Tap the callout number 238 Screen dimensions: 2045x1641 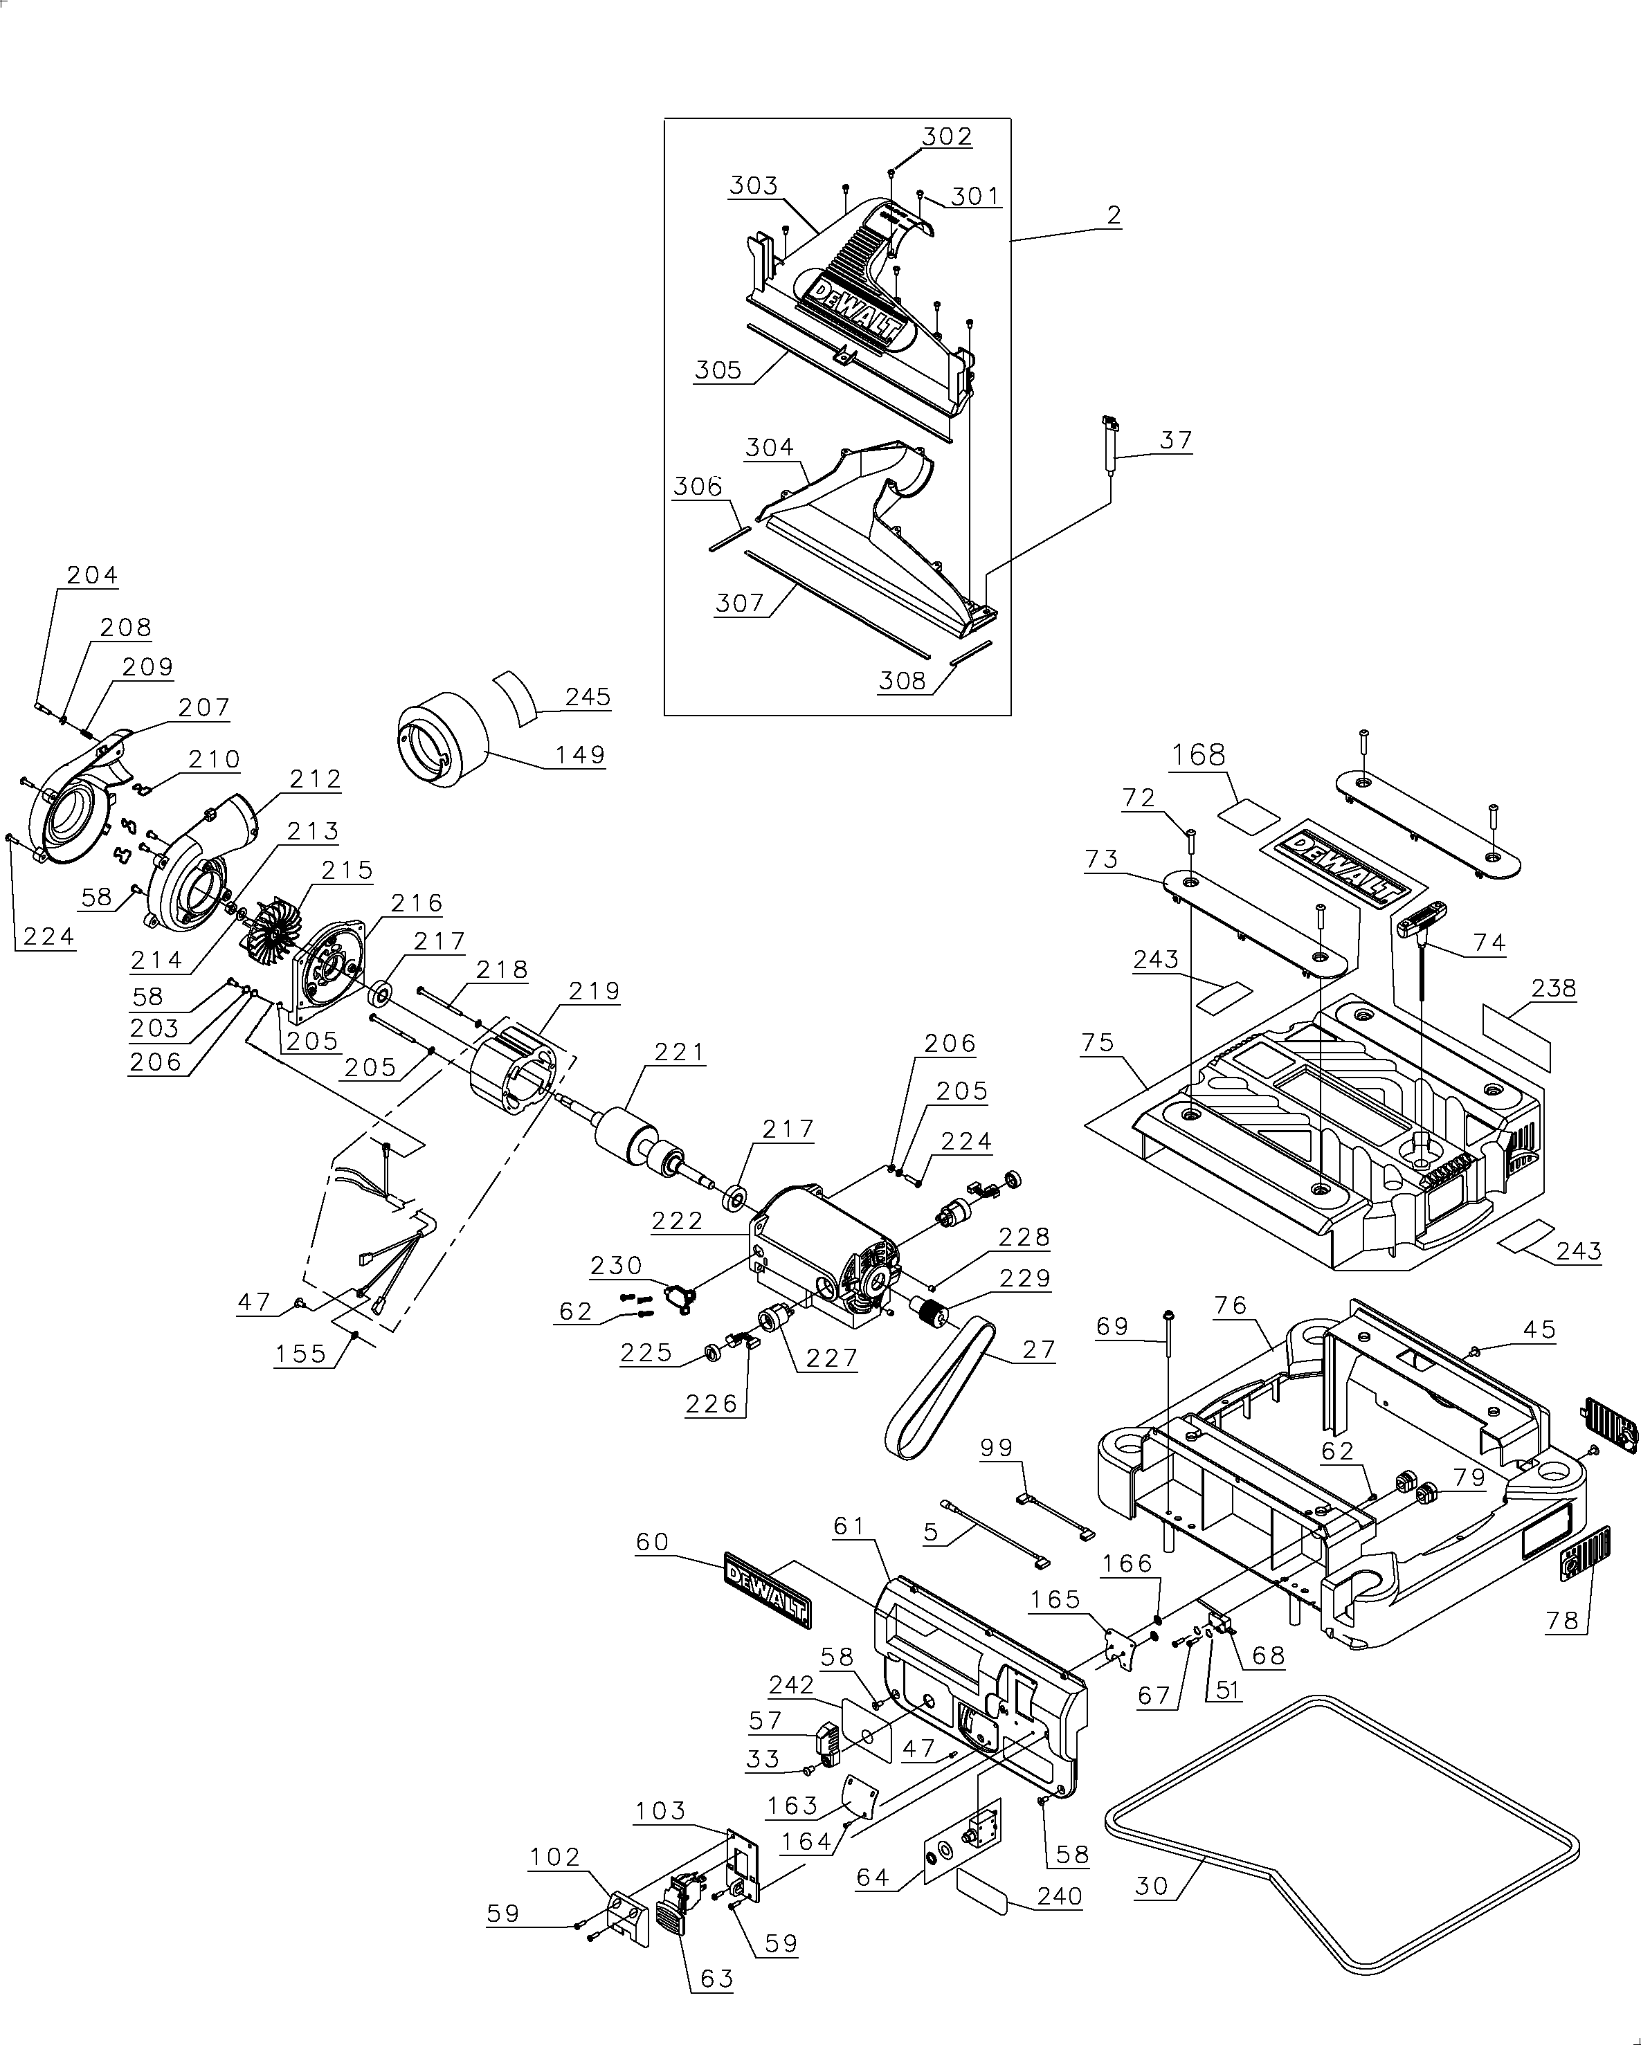tap(1553, 988)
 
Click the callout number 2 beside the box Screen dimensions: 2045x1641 tap(1114, 215)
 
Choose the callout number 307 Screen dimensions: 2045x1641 tap(740, 603)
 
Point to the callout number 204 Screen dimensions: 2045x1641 tap(92, 575)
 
